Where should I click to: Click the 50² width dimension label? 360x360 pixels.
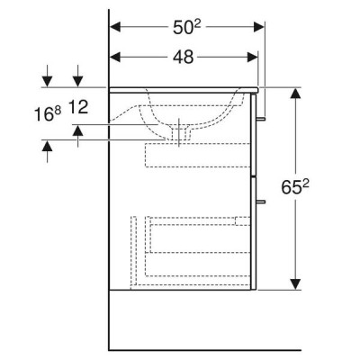[186, 27]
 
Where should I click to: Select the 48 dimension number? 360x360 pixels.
[184, 57]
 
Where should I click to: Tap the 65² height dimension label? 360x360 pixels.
[295, 187]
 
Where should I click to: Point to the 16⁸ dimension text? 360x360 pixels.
[48, 114]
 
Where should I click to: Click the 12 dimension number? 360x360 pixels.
[78, 107]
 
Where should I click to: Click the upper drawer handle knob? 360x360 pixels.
[260, 119]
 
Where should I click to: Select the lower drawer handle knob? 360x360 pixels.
[260, 202]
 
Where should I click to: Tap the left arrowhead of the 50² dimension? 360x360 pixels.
[115, 27]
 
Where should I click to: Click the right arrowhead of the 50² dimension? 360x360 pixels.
[259, 27]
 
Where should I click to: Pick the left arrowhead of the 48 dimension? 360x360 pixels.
[115, 57]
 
